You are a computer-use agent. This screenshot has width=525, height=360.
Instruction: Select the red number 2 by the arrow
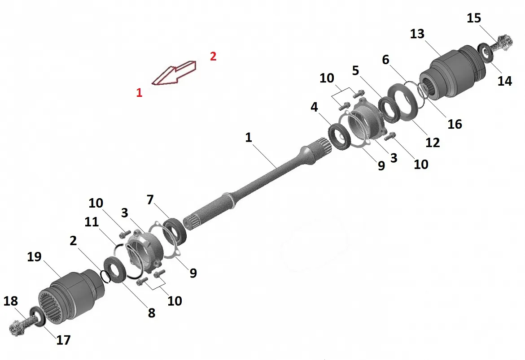(x=213, y=56)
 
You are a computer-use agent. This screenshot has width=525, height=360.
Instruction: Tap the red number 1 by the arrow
(x=139, y=92)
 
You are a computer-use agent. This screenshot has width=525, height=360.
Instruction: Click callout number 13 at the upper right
(x=417, y=34)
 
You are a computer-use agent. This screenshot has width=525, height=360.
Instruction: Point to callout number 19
(x=34, y=256)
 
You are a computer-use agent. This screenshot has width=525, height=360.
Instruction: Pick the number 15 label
(x=474, y=18)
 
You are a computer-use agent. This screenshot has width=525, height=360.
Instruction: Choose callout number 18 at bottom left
(x=10, y=301)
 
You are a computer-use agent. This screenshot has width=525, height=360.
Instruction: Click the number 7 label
(x=150, y=200)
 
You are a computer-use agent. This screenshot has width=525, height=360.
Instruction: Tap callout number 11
(x=92, y=221)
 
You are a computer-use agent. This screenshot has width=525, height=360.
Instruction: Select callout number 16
(x=455, y=124)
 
